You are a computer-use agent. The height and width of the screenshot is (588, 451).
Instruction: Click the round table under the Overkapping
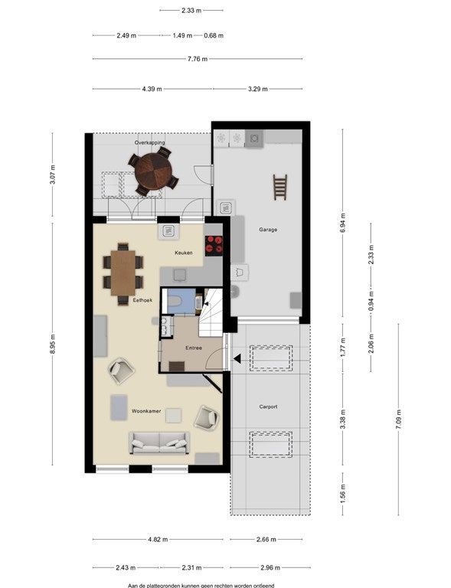click(153, 171)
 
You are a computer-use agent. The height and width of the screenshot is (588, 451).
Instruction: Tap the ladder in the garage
click(279, 187)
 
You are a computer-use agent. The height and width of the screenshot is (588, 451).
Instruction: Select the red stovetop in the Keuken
click(214, 245)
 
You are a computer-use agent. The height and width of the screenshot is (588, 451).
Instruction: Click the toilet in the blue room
click(174, 301)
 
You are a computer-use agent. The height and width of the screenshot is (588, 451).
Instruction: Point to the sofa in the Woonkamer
click(159, 443)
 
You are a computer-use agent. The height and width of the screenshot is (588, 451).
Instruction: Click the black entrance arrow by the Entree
click(237, 359)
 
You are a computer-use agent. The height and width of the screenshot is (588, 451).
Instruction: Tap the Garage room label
click(268, 230)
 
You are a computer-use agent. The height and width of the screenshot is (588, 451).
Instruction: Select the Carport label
click(269, 407)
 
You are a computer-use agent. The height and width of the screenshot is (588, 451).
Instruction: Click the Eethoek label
click(142, 300)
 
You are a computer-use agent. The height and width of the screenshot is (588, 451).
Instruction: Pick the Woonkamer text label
click(146, 411)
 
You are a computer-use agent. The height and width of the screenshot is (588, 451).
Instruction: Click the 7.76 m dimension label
click(198, 59)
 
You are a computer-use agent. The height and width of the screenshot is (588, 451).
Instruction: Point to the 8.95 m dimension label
click(53, 343)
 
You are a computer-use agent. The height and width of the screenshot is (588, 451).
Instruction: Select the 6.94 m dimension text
click(343, 223)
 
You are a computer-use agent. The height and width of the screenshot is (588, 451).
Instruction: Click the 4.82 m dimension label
click(158, 539)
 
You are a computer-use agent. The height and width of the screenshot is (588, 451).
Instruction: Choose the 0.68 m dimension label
click(214, 36)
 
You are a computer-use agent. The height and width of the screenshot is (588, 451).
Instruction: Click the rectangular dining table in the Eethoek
click(123, 273)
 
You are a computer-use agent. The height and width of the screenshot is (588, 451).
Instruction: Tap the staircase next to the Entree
click(211, 312)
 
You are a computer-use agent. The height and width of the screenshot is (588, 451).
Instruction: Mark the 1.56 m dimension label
click(343, 494)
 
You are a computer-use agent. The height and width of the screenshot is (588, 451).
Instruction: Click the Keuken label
click(184, 253)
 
